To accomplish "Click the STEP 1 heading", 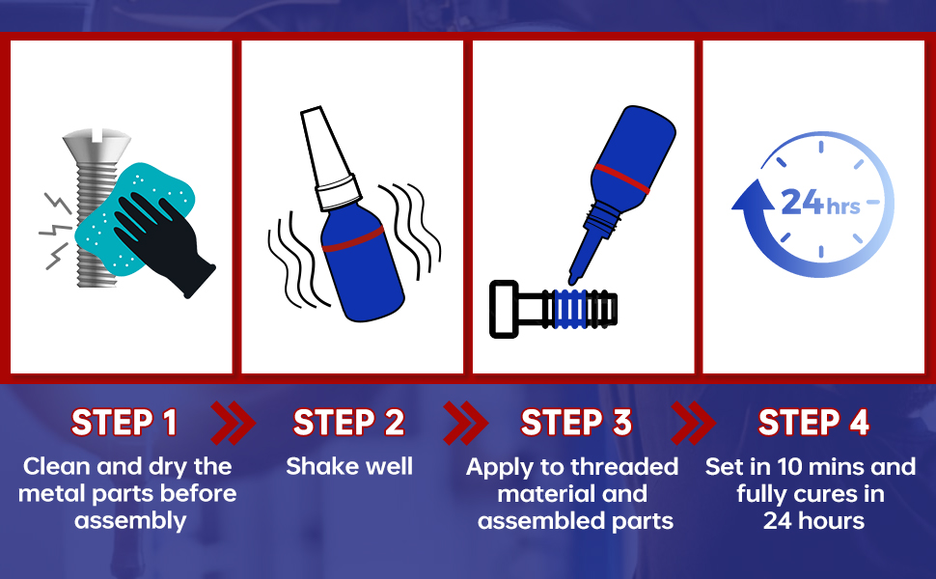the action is [124, 423].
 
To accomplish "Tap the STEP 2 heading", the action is [349, 423].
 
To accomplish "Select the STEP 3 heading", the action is [576, 423].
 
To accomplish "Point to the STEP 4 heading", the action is [813, 423].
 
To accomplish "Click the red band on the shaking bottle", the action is [353, 238].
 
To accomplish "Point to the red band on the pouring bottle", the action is [622, 179].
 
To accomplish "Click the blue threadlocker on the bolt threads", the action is [571, 309].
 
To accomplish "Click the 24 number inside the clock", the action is [802, 202].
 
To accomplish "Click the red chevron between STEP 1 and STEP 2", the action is [233, 424].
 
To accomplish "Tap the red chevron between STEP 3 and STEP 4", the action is [693, 424].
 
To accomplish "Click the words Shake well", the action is [349, 466].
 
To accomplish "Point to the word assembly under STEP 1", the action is [130, 521].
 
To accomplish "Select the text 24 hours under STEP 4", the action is [813, 520].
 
